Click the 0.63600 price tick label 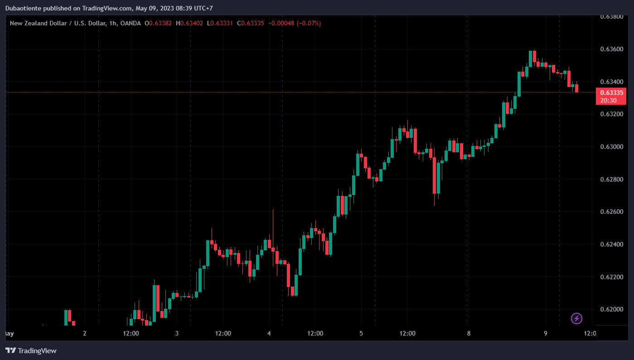tap(611, 49)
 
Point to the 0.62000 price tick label tap(611, 309)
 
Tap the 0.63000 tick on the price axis tap(611, 146)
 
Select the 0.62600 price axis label tap(611, 212)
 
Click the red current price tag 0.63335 tap(611, 92)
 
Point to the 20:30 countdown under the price tap(608, 100)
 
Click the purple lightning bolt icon tap(576, 318)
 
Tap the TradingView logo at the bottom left tap(31, 350)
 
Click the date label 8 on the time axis tap(469, 334)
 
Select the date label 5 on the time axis tap(361, 334)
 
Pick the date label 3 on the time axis tap(177, 334)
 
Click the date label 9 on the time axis tap(546, 334)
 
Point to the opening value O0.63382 tap(158, 23)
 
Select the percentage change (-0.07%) tap(309, 23)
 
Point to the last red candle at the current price tap(577, 88)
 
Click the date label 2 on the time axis tap(85, 334)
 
